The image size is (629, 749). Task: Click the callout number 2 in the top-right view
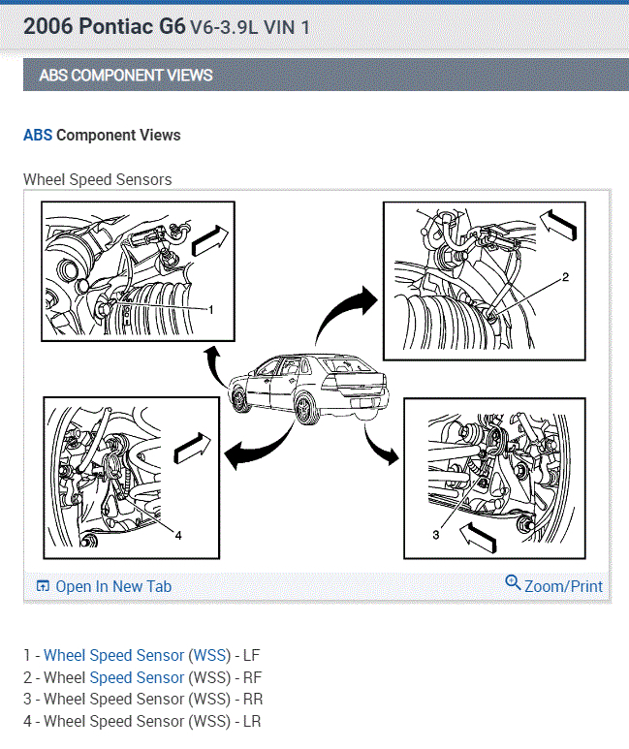coord(566,277)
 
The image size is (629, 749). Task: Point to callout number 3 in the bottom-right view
coord(436,534)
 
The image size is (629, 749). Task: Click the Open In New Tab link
coord(112,586)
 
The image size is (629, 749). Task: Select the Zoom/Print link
coord(563,586)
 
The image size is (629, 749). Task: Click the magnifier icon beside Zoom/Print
coord(513,582)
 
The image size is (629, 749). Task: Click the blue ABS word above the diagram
coord(37,136)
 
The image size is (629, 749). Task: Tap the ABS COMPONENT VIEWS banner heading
coord(126,75)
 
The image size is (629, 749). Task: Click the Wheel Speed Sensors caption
coord(97,179)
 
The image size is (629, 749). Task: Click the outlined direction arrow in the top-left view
coord(211,238)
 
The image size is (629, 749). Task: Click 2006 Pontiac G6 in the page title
coord(104,26)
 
